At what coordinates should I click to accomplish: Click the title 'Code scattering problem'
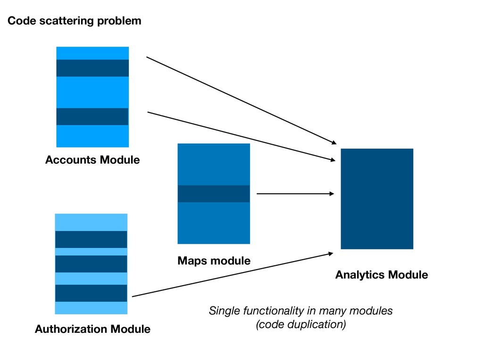click(74, 21)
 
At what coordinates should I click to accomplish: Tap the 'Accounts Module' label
click(92, 160)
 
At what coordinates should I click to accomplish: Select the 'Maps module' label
click(214, 261)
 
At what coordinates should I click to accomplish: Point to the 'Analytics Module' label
click(382, 275)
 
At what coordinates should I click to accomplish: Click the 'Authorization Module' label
click(93, 329)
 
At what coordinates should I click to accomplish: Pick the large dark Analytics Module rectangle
click(377, 199)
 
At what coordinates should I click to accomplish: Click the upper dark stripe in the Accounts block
click(92, 68)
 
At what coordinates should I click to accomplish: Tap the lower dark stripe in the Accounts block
click(92, 117)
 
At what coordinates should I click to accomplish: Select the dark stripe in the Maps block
click(214, 194)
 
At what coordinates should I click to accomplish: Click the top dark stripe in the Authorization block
click(91, 239)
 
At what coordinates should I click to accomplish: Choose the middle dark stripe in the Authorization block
click(91, 264)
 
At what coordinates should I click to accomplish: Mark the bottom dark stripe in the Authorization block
click(91, 293)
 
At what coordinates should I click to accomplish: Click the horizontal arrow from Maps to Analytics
click(295, 194)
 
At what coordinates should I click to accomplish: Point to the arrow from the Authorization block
click(233, 275)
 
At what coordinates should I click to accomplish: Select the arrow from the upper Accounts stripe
click(241, 100)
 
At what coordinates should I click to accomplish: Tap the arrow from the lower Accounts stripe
click(241, 136)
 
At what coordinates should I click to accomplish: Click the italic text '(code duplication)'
click(301, 324)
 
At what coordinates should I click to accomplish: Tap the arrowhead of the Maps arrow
click(332, 194)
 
